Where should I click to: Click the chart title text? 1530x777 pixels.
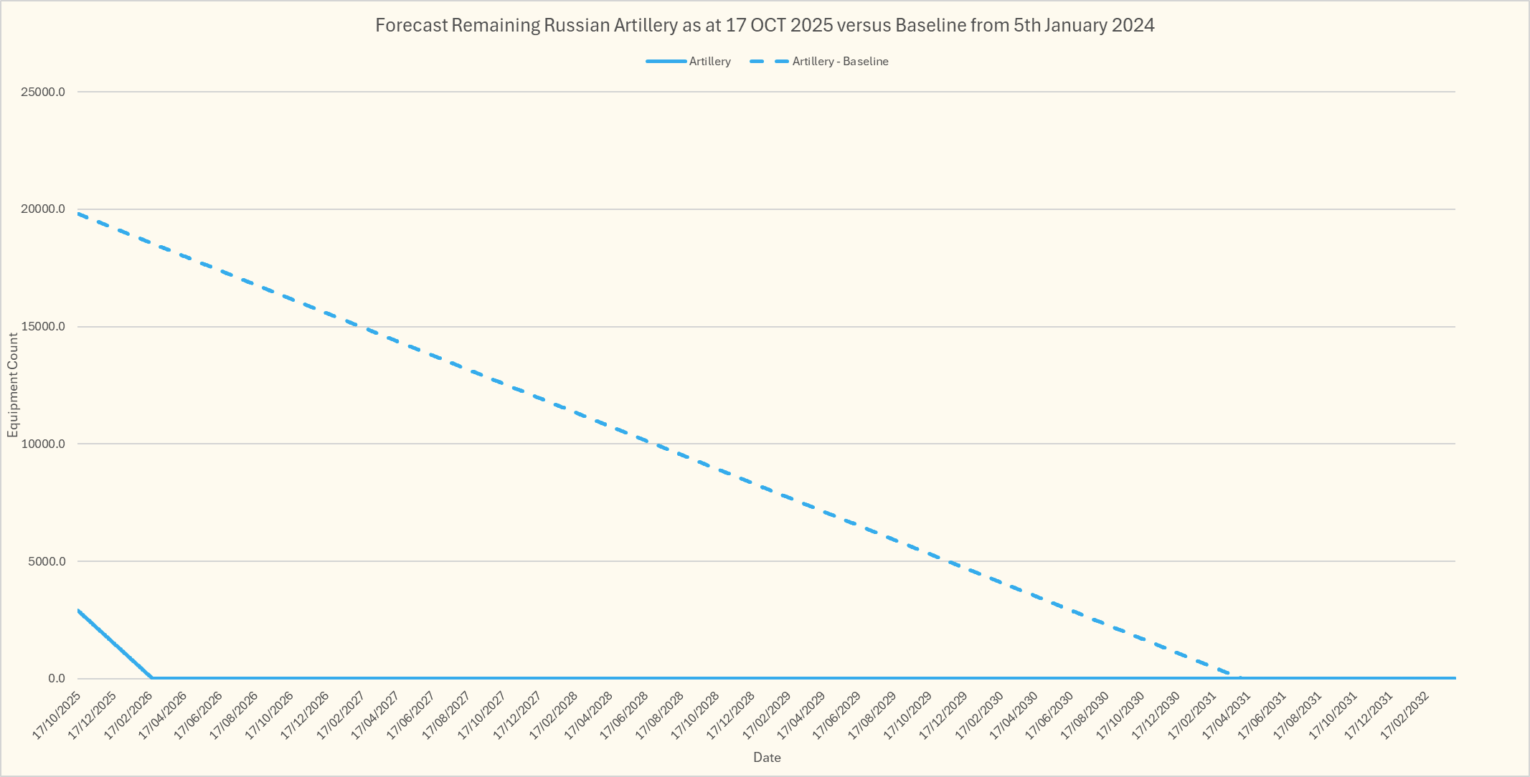click(765, 26)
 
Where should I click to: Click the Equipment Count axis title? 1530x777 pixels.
click(13, 385)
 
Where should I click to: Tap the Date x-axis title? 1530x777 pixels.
click(767, 757)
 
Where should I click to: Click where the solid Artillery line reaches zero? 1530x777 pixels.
click(151, 677)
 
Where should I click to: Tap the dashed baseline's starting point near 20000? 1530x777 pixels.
click(78, 214)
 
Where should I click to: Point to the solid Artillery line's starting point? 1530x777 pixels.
click(78, 611)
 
